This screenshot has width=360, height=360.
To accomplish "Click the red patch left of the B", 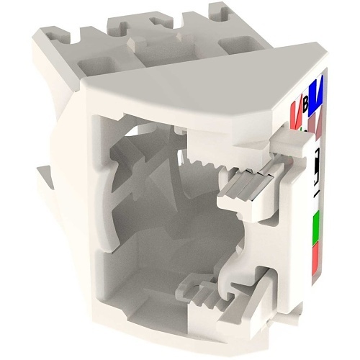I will tap(294, 114).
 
